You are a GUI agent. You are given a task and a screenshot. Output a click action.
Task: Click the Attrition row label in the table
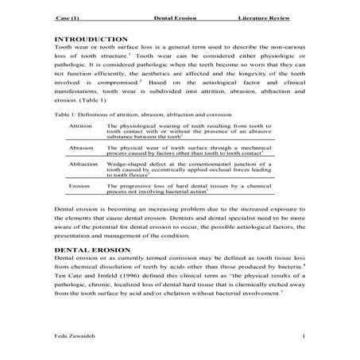pos(81,126)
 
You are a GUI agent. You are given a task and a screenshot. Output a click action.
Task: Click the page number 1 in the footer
pos(304,338)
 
